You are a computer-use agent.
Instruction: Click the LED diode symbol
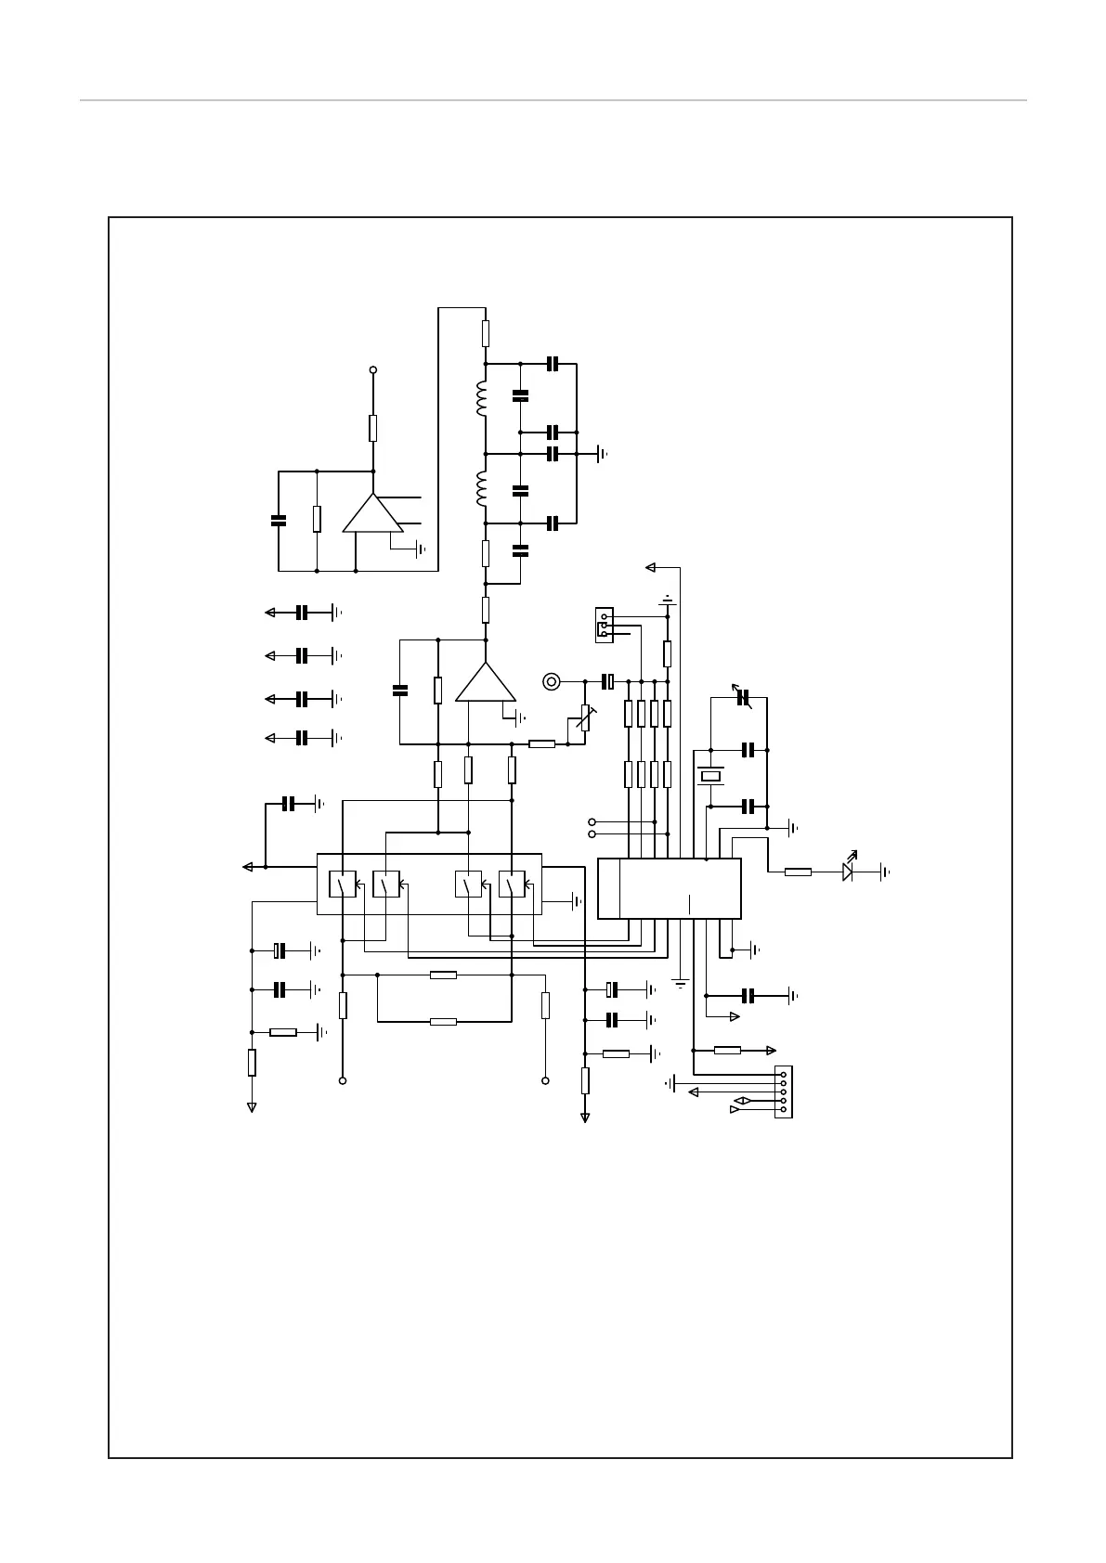tap(848, 872)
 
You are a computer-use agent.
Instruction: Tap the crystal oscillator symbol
tap(711, 776)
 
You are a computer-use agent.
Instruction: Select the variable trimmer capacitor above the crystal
tap(741, 697)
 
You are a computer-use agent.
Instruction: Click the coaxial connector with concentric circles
tap(552, 682)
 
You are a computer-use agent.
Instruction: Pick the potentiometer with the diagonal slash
tap(585, 717)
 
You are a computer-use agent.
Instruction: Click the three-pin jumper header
tap(604, 625)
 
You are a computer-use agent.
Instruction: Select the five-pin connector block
tap(784, 1092)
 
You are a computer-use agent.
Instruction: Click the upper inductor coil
tap(482, 399)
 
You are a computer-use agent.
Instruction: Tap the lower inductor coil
tap(482, 489)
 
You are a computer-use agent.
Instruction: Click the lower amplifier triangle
tap(485, 683)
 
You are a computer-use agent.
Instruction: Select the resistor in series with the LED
tap(798, 872)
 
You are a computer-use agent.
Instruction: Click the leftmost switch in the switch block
tap(343, 885)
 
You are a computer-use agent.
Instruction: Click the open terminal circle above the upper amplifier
tap(373, 369)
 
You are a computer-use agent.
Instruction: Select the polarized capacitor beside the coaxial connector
tap(609, 682)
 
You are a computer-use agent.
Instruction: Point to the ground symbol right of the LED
tap(885, 872)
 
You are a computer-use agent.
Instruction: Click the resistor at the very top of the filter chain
tap(485, 333)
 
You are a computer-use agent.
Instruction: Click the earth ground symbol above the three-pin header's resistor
tap(668, 601)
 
